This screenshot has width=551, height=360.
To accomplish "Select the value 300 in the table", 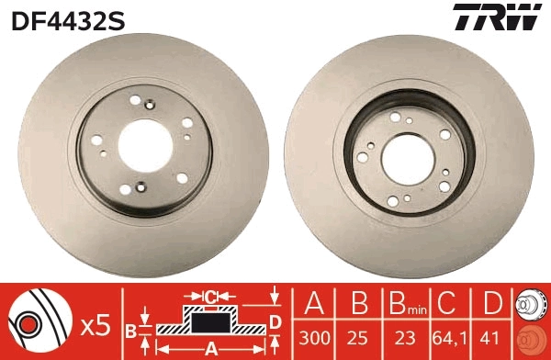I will click(x=314, y=335).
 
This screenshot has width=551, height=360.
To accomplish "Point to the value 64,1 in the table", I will click(x=449, y=335).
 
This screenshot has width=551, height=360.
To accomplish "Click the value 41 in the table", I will click(x=494, y=335).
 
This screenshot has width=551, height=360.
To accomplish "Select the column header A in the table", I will click(x=314, y=302).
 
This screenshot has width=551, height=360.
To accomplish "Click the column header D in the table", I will click(x=494, y=302).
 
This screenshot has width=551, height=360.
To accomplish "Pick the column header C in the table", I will click(x=449, y=302).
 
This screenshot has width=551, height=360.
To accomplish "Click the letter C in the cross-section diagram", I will click(x=209, y=297).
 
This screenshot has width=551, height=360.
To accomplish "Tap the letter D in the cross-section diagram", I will click(x=274, y=321).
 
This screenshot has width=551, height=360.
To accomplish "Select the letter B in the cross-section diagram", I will click(x=131, y=328).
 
